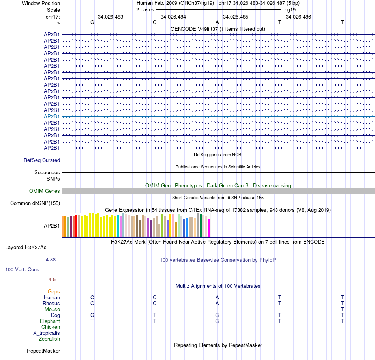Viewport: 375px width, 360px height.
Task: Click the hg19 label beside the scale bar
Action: point(290,9)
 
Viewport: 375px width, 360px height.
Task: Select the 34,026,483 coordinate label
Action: point(110,17)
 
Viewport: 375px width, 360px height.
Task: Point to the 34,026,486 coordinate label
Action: point(298,17)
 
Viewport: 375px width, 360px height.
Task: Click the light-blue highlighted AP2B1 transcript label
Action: point(52,116)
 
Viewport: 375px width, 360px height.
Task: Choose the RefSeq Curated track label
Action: point(42,160)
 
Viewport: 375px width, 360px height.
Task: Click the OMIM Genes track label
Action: point(45,191)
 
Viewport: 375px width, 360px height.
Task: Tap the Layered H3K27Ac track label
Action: point(26,248)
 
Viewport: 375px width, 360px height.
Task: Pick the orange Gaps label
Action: point(54,291)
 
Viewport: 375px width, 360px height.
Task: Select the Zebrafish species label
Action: point(49,339)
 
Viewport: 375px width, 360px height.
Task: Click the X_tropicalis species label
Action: point(47,333)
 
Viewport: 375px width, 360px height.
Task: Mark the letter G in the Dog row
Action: point(217,315)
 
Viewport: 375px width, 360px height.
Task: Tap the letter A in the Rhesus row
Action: point(217,303)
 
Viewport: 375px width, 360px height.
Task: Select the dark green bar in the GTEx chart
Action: point(201,225)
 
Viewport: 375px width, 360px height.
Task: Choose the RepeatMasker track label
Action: point(43,351)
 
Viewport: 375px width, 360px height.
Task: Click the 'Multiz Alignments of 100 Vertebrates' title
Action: point(218,286)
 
